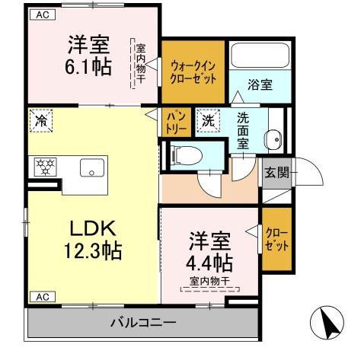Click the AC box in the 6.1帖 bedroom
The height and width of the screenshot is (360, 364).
click(43, 14)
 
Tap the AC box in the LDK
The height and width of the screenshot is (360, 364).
click(43, 297)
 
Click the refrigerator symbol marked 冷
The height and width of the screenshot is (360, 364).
click(41, 121)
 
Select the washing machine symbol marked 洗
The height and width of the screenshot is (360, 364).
click(209, 121)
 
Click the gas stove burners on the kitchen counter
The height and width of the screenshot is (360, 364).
click(45, 167)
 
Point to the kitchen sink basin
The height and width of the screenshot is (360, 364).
click(92, 167)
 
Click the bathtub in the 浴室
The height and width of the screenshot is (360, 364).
click(260, 56)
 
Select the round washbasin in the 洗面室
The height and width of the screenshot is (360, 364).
click(273, 139)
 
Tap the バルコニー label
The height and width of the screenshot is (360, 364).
click(143, 323)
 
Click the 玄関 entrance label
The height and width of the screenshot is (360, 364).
click(277, 173)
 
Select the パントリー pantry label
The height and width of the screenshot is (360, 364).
click(176, 123)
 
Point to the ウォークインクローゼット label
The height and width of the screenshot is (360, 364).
click(193, 72)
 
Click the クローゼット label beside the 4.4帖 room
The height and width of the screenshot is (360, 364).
click(276, 239)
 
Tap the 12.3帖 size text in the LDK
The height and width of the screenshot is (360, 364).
click(93, 250)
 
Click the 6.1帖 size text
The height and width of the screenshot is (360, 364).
click(88, 66)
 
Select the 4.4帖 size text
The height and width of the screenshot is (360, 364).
click(209, 263)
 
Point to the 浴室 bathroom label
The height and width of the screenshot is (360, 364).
click(260, 84)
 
